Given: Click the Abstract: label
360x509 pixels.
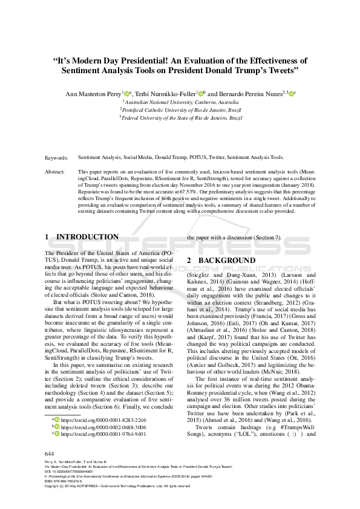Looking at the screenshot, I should point(56,172).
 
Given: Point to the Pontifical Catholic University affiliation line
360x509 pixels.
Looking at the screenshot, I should point(180,111).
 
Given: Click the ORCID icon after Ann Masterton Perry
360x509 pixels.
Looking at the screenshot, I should point(128,94).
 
